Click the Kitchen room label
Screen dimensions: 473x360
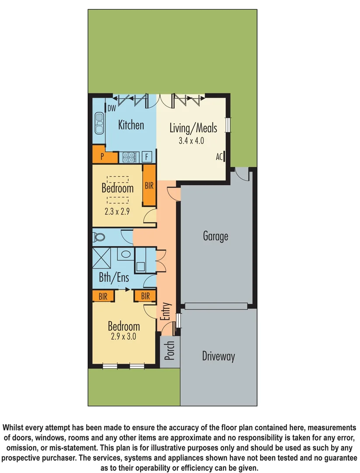coord(131,125)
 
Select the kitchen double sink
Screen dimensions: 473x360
coord(99,124)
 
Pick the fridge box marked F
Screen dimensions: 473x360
coord(147,157)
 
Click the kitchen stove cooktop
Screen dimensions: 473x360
coord(130,157)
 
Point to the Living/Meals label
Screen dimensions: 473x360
coord(193,128)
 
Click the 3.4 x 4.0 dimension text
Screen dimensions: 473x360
coord(192,141)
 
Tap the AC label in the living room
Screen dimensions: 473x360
coord(219,156)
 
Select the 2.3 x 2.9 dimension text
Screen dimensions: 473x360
coord(117,211)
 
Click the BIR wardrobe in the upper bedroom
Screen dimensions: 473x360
coord(149,186)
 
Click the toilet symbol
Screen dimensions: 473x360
coord(99,237)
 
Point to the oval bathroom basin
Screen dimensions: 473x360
coord(125,254)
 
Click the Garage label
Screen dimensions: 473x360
coord(215,236)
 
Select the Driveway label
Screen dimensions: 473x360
coord(218,356)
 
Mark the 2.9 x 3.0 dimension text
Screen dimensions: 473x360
coord(124,337)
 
